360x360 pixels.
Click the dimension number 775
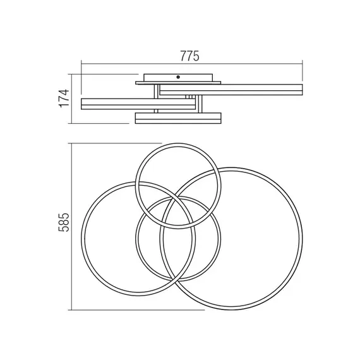(x=189, y=56)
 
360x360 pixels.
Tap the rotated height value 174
(x=64, y=98)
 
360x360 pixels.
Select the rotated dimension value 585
(x=64, y=222)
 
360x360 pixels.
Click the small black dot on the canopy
(x=178, y=77)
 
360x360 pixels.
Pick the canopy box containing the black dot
(x=178, y=78)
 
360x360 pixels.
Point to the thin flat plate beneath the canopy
(x=178, y=83)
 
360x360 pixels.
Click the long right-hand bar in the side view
(x=231, y=90)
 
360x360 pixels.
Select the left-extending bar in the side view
(x=138, y=104)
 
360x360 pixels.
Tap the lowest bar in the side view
(x=178, y=118)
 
